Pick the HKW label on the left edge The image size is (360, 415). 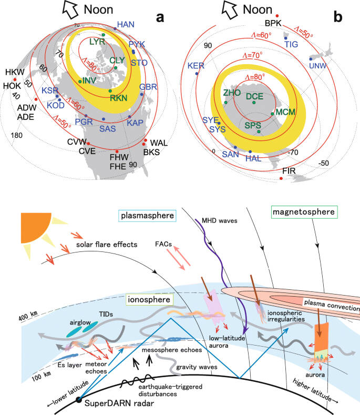click(11, 72)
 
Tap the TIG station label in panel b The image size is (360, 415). click(291, 45)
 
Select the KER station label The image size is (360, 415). click(196, 66)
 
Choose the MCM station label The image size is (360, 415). click(286, 112)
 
